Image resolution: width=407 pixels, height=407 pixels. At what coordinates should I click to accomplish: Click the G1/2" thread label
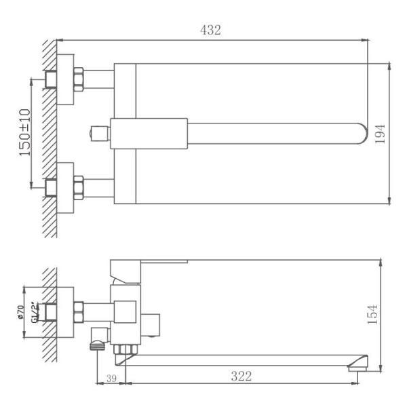pos(35,312)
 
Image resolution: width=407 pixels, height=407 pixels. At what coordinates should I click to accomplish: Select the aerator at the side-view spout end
pos(353,367)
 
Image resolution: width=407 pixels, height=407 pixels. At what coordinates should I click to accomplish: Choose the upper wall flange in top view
pos(65,79)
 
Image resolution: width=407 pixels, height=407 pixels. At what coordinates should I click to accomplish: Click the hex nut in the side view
pos(78,312)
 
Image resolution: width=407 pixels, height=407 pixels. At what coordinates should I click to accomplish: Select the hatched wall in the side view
pos(48,315)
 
